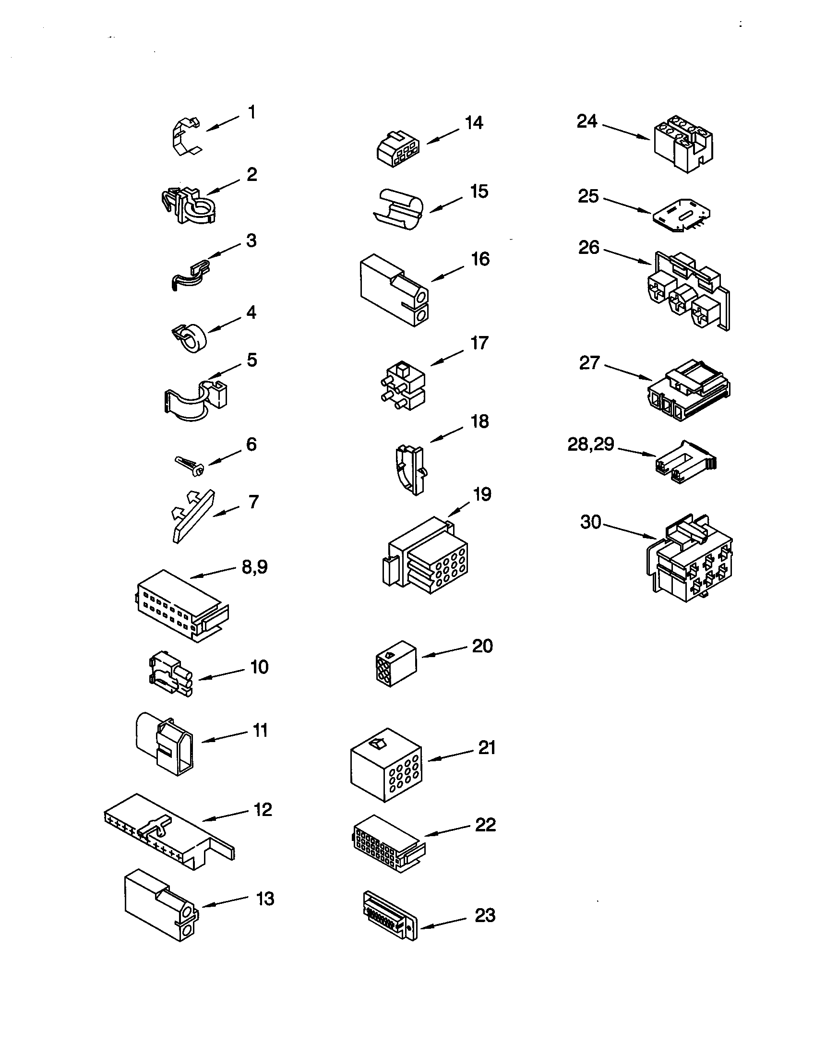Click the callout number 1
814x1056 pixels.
(251, 112)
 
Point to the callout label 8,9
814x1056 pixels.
(254, 567)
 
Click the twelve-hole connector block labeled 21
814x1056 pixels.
(386, 766)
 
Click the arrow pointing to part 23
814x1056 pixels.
(444, 924)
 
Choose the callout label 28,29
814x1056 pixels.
(590, 444)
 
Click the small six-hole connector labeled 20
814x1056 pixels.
(395, 663)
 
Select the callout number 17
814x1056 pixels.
(479, 343)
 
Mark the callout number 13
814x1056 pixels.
(265, 899)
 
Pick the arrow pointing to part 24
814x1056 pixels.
(625, 132)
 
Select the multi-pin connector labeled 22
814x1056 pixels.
(387, 846)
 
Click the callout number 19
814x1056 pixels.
(482, 494)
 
